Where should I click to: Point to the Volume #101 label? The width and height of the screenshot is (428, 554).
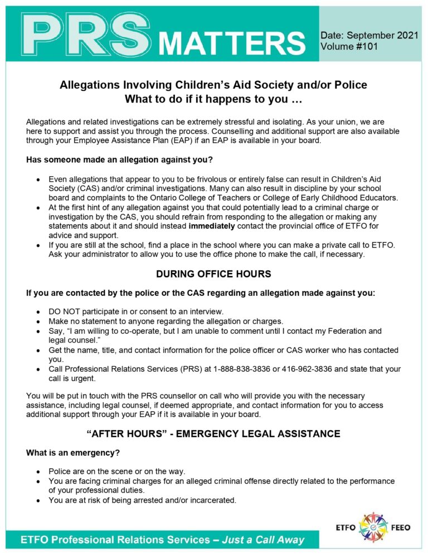[x=349, y=47]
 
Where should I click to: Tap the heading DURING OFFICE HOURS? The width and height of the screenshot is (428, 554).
[x=213, y=274]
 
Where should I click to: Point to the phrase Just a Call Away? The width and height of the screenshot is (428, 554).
[x=263, y=540]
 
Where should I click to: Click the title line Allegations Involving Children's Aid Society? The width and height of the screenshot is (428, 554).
[x=213, y=85]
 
